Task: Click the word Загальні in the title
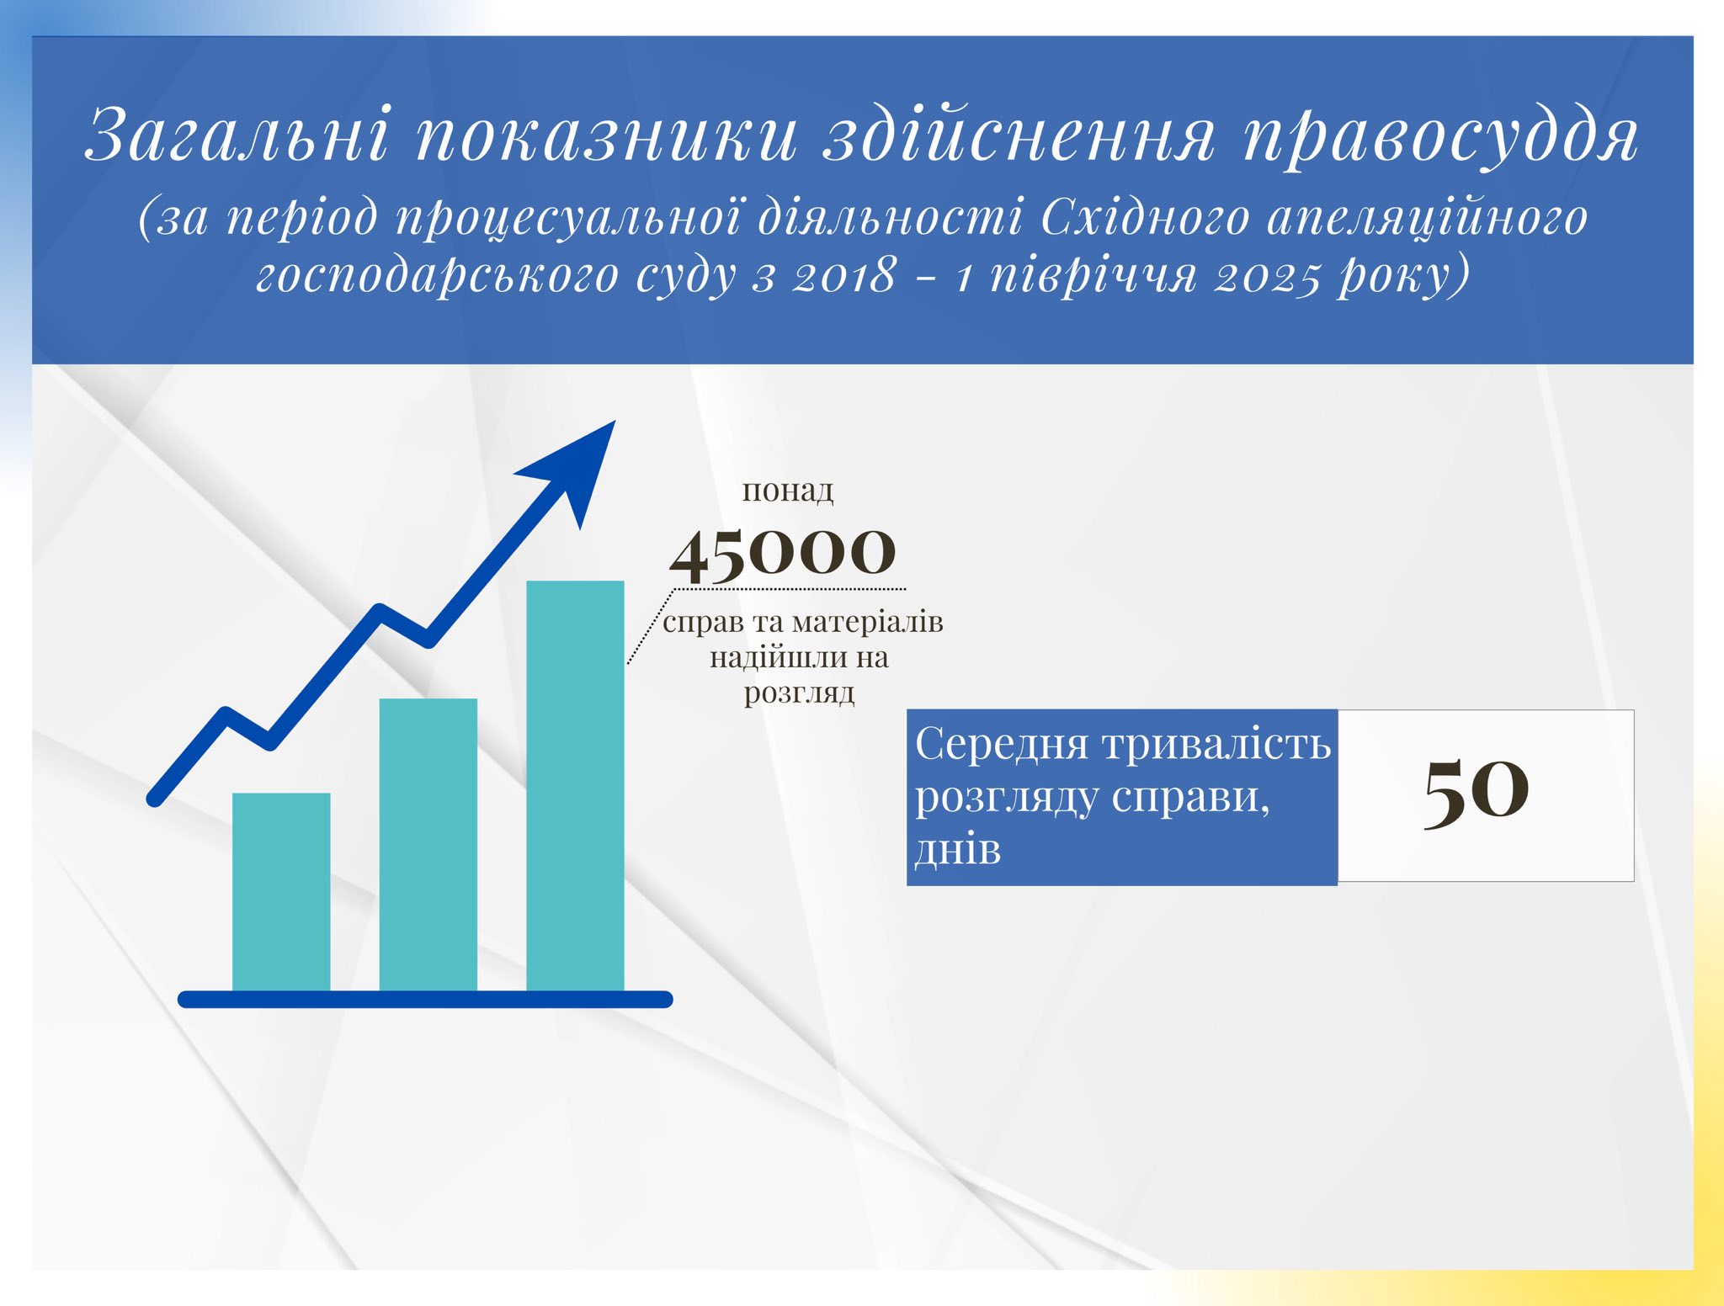click(x=238, y=134)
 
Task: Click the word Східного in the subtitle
click(x=1146, y=217)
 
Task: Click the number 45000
click(x=783, y=555)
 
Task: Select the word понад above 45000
click(x=788, y=490)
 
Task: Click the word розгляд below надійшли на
click(x=800, y=693)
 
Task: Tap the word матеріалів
click(x=868, y=622)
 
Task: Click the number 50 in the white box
click(x=1476, y=790)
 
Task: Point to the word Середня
click(x=1003, y=745)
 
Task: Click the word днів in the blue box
click(x=958, y=849)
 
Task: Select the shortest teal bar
click(x=281, y=892)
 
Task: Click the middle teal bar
click(x=428, y=845)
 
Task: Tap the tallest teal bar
click(x=575, y=786)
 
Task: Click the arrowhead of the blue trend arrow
click(x=572, y=468)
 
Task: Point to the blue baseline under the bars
click(x=425, y=1000)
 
